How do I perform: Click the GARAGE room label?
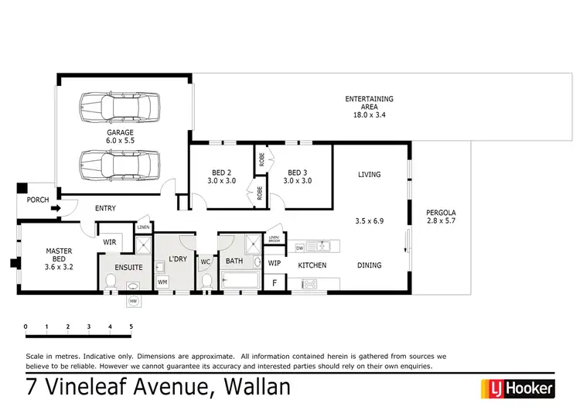pyautogui.click(x=120, y=132)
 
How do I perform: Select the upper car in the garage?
pyautogui.click(x=120, y=104)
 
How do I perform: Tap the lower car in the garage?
pyautogui.click(x=120, y=163)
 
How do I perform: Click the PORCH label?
pyautogui.click(x=37, y=200)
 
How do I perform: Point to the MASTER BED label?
pyautogui.click(x=60, y=255)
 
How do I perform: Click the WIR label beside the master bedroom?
pyautogui.click(x=110, y=242)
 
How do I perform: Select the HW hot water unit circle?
pyautogui.click(x=133, y=300)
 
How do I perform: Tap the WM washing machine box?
pyautogui.click(x=162, y=282)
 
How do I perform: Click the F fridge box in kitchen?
pyautogui.click(x=274, y=284)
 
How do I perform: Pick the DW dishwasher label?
pyautogui.click(x=300, y=248)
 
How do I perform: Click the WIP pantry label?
pyautogui.click(x=274, y=263)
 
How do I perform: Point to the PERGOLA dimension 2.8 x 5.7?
pyautogui.click(x=442, y=222)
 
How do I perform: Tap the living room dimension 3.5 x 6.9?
pyautogui.click(x=369, y=221)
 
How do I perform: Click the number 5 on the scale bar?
pyautogui.click(x=131, y=327)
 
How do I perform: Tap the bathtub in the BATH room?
pyautogui.click(x=241, y=282)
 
